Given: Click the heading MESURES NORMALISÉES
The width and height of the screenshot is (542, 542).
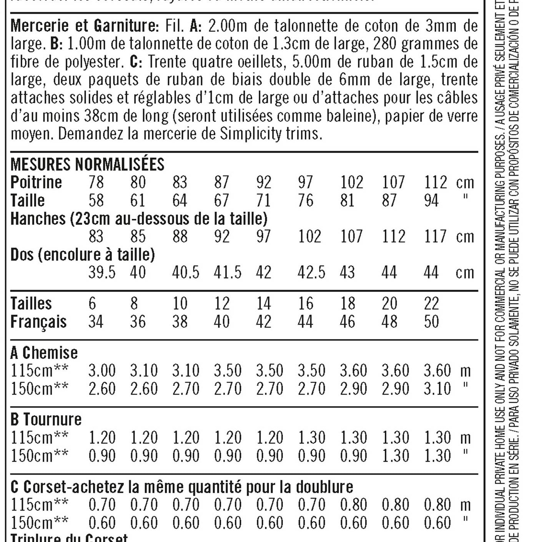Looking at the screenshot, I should (x=87, y=165).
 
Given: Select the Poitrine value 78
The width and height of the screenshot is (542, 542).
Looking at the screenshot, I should (x=96, y=182).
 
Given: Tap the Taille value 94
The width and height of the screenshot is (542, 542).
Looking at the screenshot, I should (x=431, y=200).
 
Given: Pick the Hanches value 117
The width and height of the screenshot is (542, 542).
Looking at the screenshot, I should (x=435, y=236).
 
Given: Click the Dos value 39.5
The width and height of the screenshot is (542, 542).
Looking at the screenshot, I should (x=102, y=273).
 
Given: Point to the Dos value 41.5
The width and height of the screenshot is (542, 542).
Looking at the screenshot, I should (x=228, y=273).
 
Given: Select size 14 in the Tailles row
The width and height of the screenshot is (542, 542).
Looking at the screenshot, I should (x=264, y=304).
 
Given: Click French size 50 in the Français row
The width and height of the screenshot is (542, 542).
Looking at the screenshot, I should (x=431, y=322).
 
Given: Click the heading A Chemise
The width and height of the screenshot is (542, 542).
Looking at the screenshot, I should (x=44, y=353).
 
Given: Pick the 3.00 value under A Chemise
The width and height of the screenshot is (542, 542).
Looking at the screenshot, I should (x=102, y=371).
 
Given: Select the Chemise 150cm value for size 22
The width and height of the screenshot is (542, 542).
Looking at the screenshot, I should (x=437, y=389).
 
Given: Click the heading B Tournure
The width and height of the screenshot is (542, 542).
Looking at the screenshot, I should (x=46, y=419).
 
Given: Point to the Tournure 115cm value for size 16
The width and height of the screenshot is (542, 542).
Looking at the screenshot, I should (x=311, y=438).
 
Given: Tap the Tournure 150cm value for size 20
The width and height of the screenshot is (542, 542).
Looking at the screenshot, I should (x=395, y=456).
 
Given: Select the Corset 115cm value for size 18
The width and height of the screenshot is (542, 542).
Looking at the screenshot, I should (x=353, y=505).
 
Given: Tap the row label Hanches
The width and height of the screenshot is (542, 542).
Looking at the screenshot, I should (x=38, y=219).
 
